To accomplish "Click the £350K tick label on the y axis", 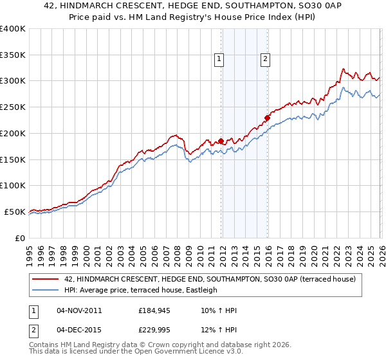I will click(x=13, y=55).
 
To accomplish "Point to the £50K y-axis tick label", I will click(x=15, y=212).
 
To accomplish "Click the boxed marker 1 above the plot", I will click(x=219, y=59).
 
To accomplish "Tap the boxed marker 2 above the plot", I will click(x=265, y=59).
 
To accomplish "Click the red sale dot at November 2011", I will click(x=221, y=141).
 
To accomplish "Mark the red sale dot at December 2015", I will click(x=266, y=118).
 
